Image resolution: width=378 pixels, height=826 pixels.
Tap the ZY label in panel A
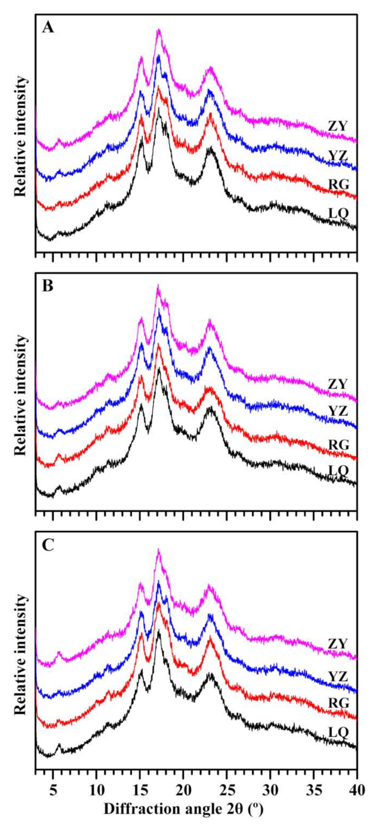coord(338,126)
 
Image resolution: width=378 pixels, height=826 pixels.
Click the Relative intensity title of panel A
coord(20,136)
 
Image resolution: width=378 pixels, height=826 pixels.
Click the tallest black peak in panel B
coord(159,369)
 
